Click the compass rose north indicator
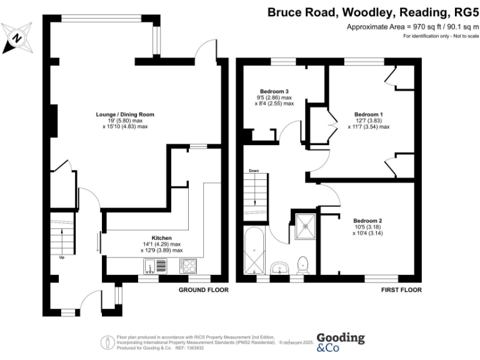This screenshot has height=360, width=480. (x=17, y=37)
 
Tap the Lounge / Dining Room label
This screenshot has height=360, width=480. (x=125, y=115)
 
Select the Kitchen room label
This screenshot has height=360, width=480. (x=161, y=238)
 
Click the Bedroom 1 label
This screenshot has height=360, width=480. (x=368, y=114)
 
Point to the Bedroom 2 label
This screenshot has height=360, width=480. (x=367, y=221)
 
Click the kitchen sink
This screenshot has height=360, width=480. (x=154, y=266)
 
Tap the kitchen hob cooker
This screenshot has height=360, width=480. (x=187, y=266)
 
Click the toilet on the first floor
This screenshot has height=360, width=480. (x=304, y=266)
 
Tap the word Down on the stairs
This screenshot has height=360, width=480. (x=254, y=171)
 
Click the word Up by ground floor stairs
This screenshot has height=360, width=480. (x=62, y=257)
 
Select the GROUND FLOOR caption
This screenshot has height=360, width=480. (x=203, y=291)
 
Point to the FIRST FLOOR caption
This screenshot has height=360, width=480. (x=401, y=291)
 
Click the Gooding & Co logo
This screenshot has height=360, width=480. (x=340, y=342)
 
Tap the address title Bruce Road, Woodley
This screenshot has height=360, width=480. (x=372, y=11)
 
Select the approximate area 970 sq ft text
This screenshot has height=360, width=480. (x=412, y=27)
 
